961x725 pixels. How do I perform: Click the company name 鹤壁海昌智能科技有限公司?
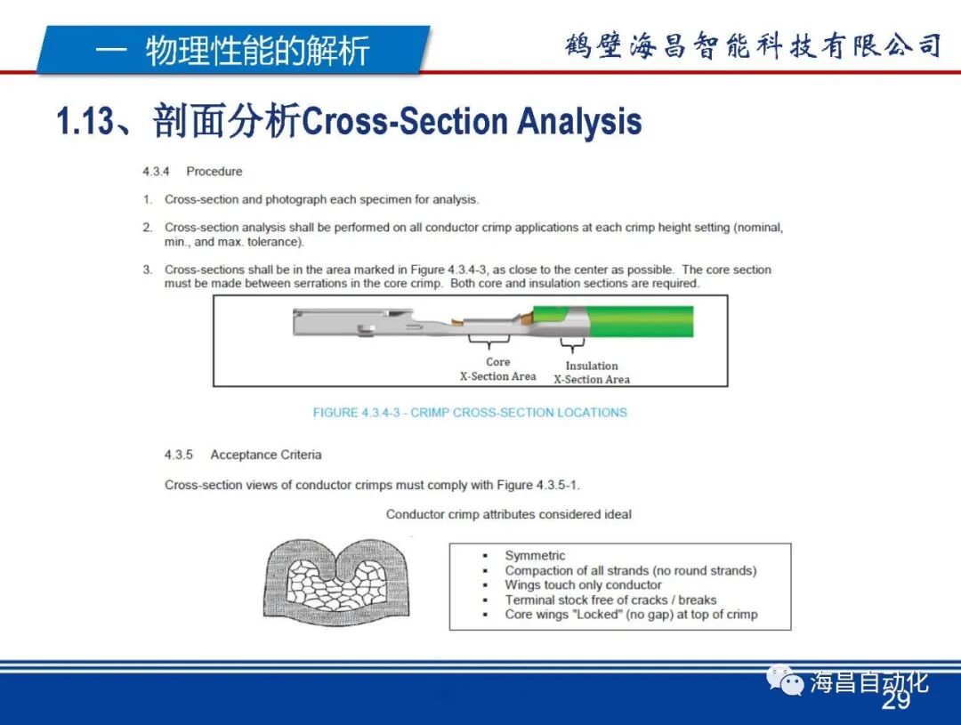point(753,45)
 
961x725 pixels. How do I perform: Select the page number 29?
point(896,703)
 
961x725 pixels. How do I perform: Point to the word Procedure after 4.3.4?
point(214,172)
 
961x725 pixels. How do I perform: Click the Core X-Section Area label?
point(497,369)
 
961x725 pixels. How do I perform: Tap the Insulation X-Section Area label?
point(592,373)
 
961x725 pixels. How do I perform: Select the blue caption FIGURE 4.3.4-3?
point(470,413)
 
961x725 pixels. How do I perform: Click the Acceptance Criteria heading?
point(265,455)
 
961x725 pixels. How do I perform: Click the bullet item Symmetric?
point(535,556)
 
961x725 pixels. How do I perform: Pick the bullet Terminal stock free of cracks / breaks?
point(610,600)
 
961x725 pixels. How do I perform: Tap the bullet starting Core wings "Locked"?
point(631,615)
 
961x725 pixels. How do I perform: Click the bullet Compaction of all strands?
point(630,570)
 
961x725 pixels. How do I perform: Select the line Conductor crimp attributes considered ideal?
point(509,514)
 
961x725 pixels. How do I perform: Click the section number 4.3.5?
point(178,455)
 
